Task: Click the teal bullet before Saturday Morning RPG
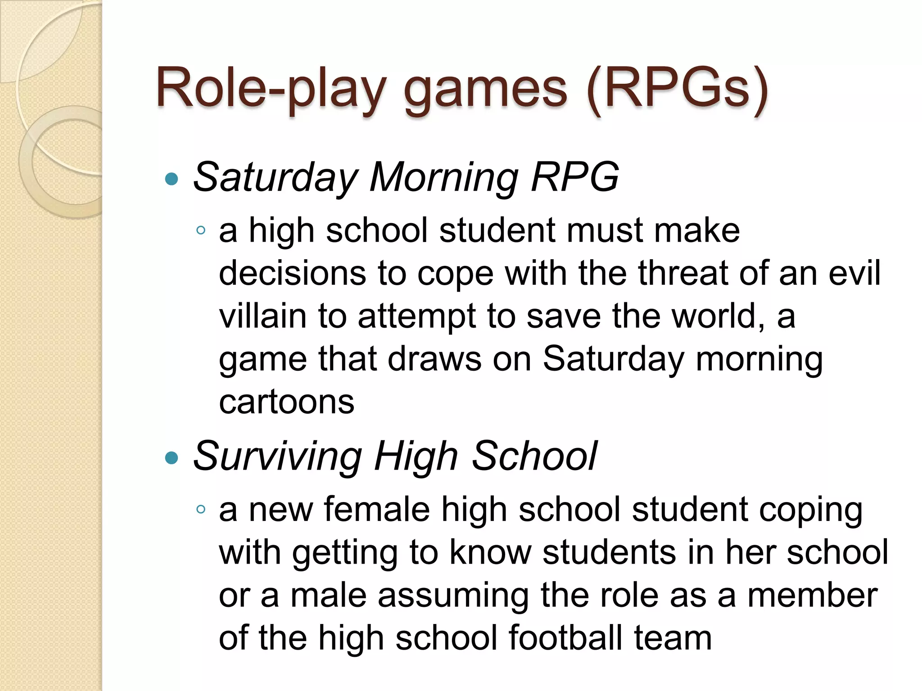coord(172,179)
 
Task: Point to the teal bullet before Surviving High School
coord(172,458)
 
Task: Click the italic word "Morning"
coord(444,178)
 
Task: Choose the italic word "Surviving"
coord(277,457)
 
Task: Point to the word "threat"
coord(682,273)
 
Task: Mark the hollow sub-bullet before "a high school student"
coord(201,231)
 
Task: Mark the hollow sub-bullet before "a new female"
coord(201,510)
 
